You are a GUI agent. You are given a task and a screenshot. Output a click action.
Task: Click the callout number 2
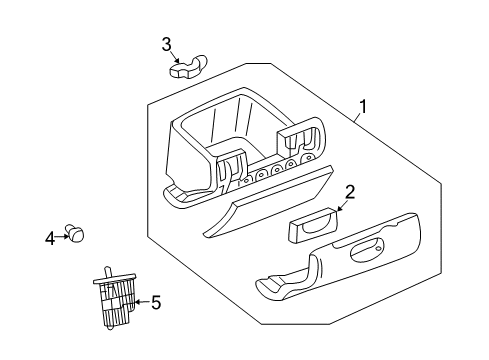350,192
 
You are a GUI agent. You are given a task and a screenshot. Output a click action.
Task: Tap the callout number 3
168,42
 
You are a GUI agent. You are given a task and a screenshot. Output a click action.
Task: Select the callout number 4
49,237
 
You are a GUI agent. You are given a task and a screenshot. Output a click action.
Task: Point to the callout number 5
156,302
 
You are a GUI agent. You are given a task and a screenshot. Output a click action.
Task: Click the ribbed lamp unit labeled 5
118,300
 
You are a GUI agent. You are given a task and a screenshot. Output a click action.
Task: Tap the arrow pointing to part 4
62,236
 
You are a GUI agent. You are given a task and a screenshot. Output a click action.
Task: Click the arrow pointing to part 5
141,302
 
